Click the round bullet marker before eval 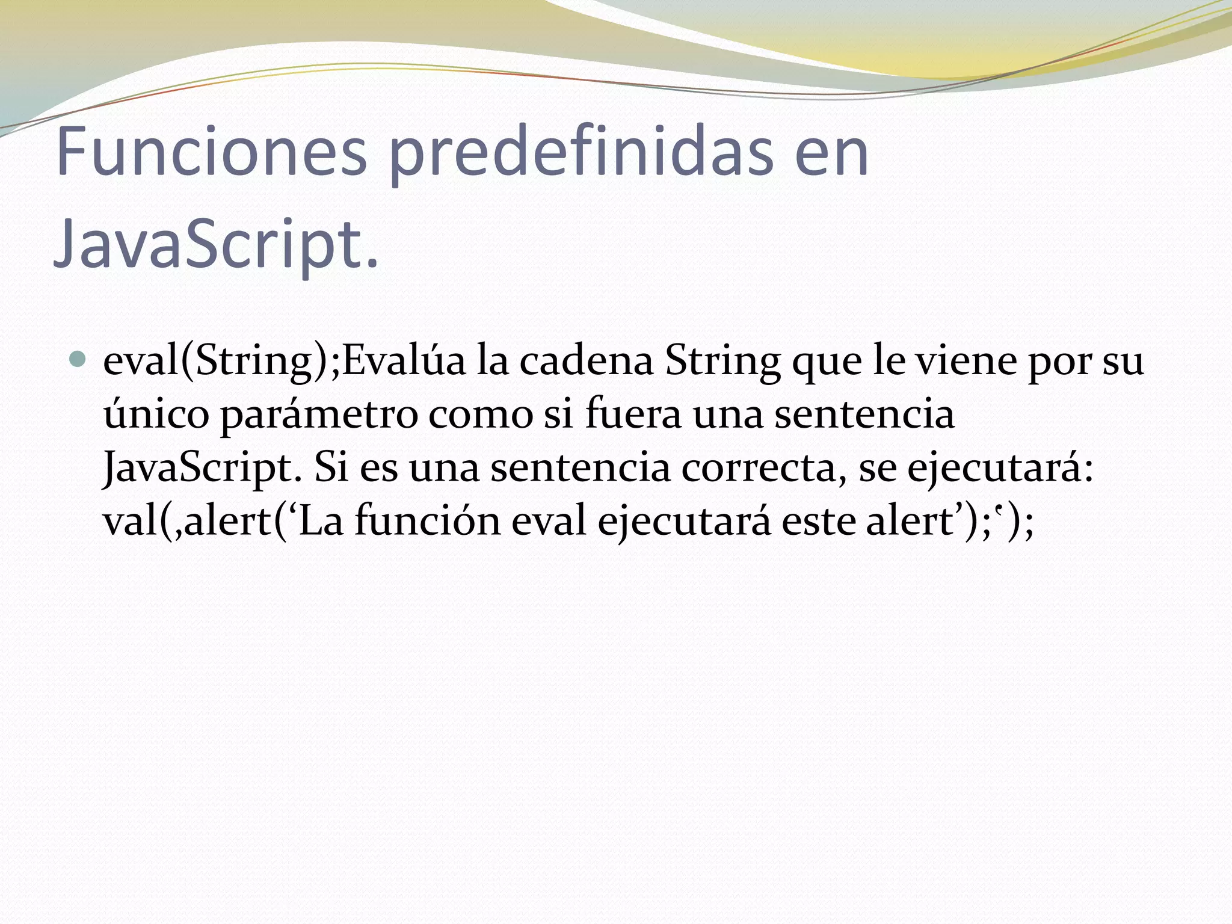(x=78, y=360)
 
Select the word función (x=427, y=521)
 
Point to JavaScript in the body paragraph (x=202, y=468)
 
